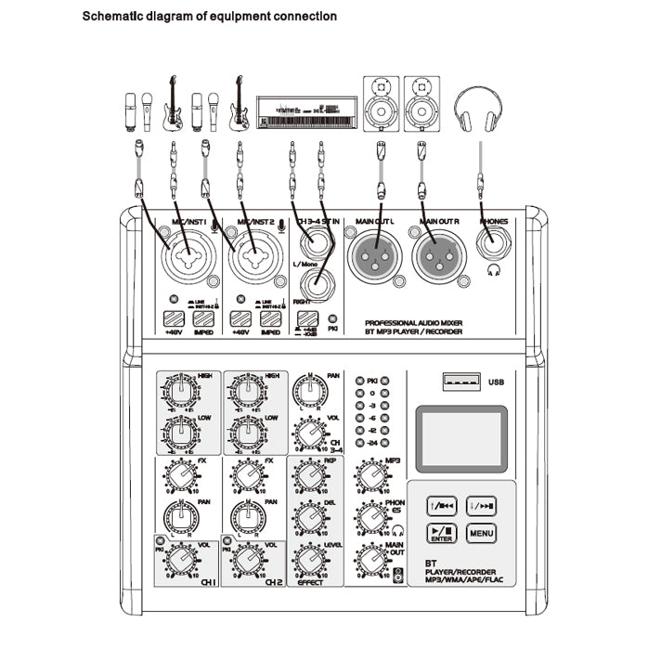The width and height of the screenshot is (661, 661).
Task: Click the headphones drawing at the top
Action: [x=481, y=110]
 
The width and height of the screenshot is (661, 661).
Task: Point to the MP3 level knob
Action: [x=371, y=475]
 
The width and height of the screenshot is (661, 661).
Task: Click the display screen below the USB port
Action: [x=461, y=437]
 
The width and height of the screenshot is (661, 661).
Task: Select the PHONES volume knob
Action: [x=371, y=518]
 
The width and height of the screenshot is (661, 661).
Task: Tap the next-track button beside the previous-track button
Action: [x=481, y=505]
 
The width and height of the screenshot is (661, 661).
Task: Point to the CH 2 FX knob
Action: [x=245, y=475]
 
